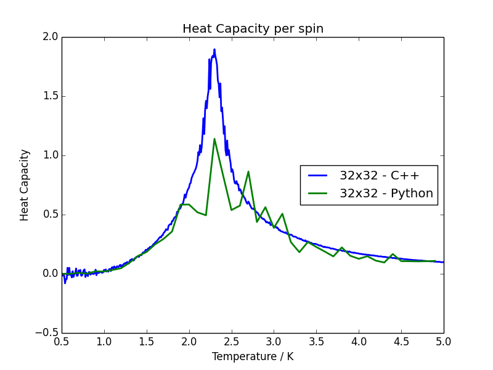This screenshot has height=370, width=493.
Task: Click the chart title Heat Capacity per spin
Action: [x=253, y=29]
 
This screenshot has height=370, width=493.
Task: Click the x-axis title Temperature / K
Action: [x=253, y=356]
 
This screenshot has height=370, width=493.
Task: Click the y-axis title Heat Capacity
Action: [x=25, y=185]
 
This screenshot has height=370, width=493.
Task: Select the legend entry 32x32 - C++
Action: [x=379, y=176]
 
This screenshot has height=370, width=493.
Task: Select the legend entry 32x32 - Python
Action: [x=386, y=194]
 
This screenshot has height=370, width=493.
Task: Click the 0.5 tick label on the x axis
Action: [x=62, y=341]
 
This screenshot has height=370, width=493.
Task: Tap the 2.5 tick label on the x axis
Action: [x=232, y=341]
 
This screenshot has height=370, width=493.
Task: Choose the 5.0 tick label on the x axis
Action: [x=444, y=341]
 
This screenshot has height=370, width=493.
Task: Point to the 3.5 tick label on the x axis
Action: [x=316, y=341]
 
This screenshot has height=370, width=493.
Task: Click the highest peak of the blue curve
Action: [x=214, y=49]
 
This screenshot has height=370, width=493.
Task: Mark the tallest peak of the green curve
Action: [x=214, y=139]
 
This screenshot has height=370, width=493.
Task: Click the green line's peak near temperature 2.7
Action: [x=248, y=171]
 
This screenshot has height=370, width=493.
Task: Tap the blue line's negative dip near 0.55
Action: [x=65, y=282]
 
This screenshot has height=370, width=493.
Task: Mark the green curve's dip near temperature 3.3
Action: [x=299, y=252]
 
